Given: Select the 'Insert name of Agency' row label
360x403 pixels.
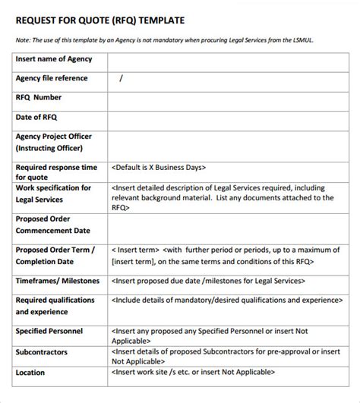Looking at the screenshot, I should [53, 59].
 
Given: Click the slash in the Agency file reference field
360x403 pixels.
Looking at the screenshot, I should [121, 78].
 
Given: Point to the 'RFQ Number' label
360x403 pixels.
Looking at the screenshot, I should [39, 97].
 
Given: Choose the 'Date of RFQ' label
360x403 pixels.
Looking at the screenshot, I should [36, 117].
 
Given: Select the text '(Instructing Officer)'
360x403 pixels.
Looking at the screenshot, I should [53, 148].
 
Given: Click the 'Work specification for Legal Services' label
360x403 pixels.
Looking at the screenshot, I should [53, 194].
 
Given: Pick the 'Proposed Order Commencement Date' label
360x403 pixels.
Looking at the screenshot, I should [53, 225].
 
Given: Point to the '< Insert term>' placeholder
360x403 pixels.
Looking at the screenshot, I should [135, 249].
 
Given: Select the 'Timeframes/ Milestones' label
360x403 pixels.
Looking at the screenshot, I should [57, 281].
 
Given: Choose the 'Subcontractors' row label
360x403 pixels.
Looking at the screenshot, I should [43, 352].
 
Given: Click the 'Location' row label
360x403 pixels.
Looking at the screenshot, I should [30, 373].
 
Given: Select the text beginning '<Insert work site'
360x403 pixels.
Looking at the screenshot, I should [194, 373].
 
